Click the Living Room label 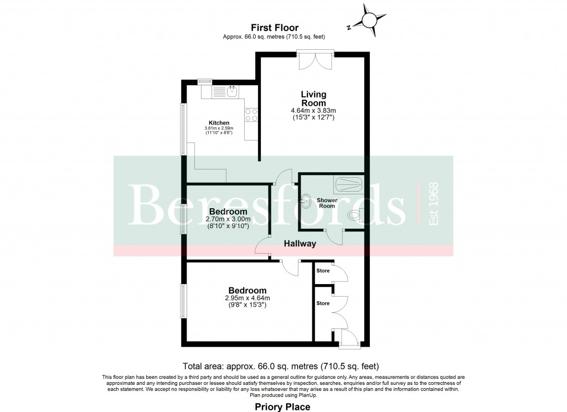coord(313,99)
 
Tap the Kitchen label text coord(219,123)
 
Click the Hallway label coord(300,244)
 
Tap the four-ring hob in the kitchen coord(251,115)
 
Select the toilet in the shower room coord(354,215)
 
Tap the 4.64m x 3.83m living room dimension coord(313,111)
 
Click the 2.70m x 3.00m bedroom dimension coord(228,219)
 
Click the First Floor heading coord(275,28)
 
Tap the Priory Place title coord(282,407)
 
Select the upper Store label coord(323,271)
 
